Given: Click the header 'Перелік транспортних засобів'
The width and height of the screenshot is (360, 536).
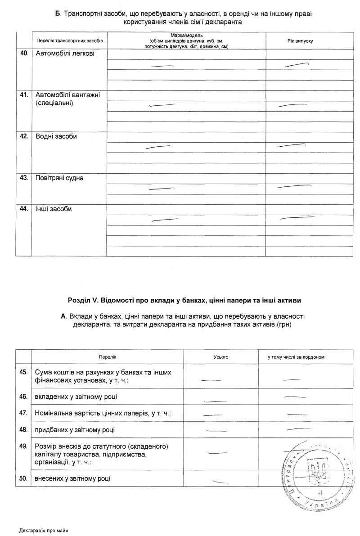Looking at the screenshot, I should point(70,41).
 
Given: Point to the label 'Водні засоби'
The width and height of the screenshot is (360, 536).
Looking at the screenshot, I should point(56,136).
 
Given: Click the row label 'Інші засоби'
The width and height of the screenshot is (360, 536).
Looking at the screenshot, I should point(54,209).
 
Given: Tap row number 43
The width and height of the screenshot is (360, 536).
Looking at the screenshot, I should point(23,178).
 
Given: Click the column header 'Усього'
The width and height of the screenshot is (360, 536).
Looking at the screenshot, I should point(221,357).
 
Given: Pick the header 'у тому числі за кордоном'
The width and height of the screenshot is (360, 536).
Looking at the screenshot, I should point(296,357).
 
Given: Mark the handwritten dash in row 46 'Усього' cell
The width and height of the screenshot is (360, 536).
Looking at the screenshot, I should point(214,400).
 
